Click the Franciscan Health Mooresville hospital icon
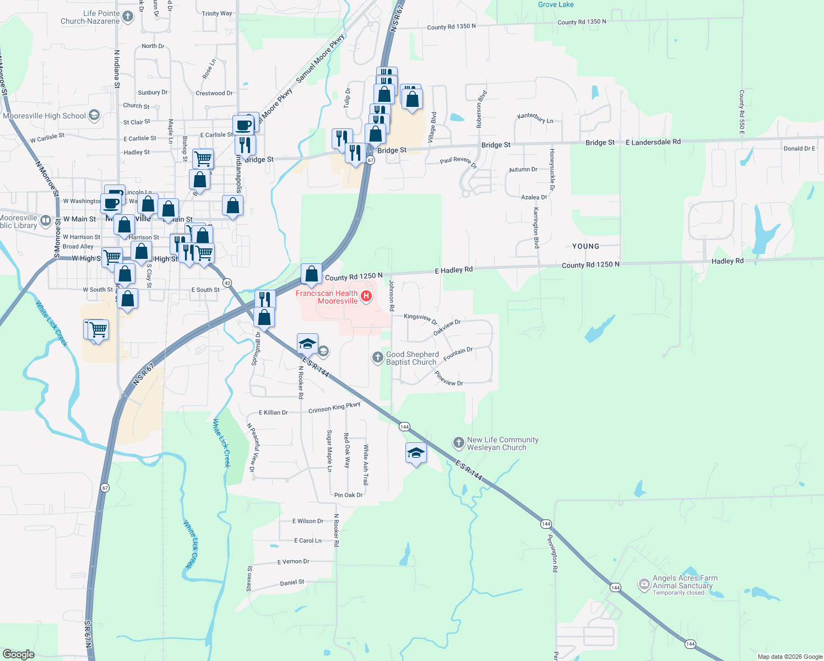[x=366, y=296]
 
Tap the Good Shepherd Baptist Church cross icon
[x=377, y=357]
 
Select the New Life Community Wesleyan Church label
[x=502, y=443]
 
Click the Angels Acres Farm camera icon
[x=643, y=584]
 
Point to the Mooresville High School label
[x=44, y=116]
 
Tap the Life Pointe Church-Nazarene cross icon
[x=128, y=17]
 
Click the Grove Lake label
[x=556, y=4]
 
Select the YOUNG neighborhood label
[x=586, y=246]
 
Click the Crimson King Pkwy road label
[x=334, y=408]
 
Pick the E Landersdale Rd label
[x=653, y=142]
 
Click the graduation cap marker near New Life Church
[x=416, y=453]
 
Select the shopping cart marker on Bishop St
[x=203, y=159]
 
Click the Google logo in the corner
[x=18, y=654]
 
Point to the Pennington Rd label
[x=554, y=553]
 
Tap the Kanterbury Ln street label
[x=535, y=118]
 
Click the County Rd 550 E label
[x=742, y=112]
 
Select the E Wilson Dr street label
[x=308, y=521]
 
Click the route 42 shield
[x=228, y=283]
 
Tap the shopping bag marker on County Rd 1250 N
[x=311, y=274]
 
